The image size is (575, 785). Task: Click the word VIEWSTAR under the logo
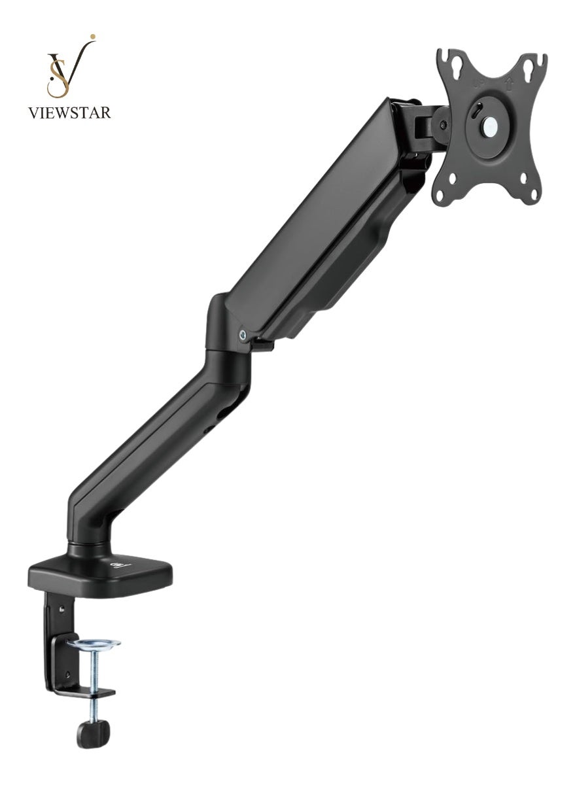(x=69, y=113)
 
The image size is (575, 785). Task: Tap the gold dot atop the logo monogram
(x=92, y=36)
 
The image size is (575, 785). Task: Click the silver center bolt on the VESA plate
(x=489, y=124)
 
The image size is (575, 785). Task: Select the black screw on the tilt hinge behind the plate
(x=444, y=124)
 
